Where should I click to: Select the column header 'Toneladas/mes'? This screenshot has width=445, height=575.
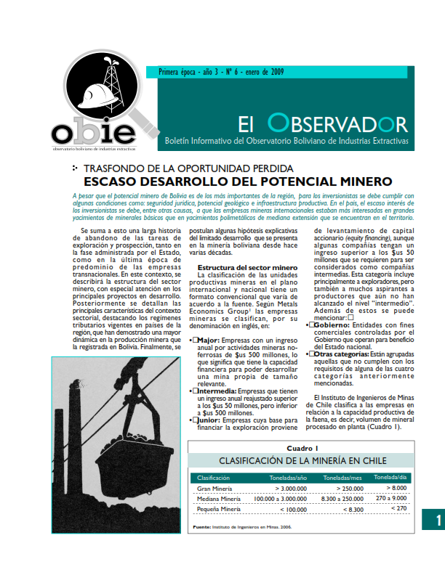[342, 478]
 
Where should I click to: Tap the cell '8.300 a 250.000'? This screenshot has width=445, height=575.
[342, 499]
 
